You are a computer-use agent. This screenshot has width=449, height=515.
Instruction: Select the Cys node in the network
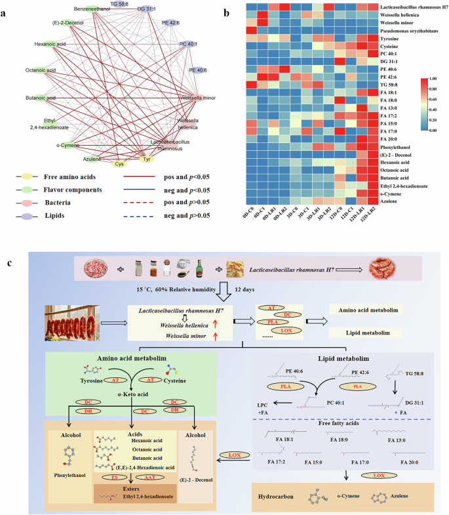(x=119, y=164)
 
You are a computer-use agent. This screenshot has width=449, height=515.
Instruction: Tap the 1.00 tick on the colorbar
(x=430, y=78)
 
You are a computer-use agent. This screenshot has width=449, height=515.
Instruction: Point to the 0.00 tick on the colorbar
(x=430, y=130)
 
